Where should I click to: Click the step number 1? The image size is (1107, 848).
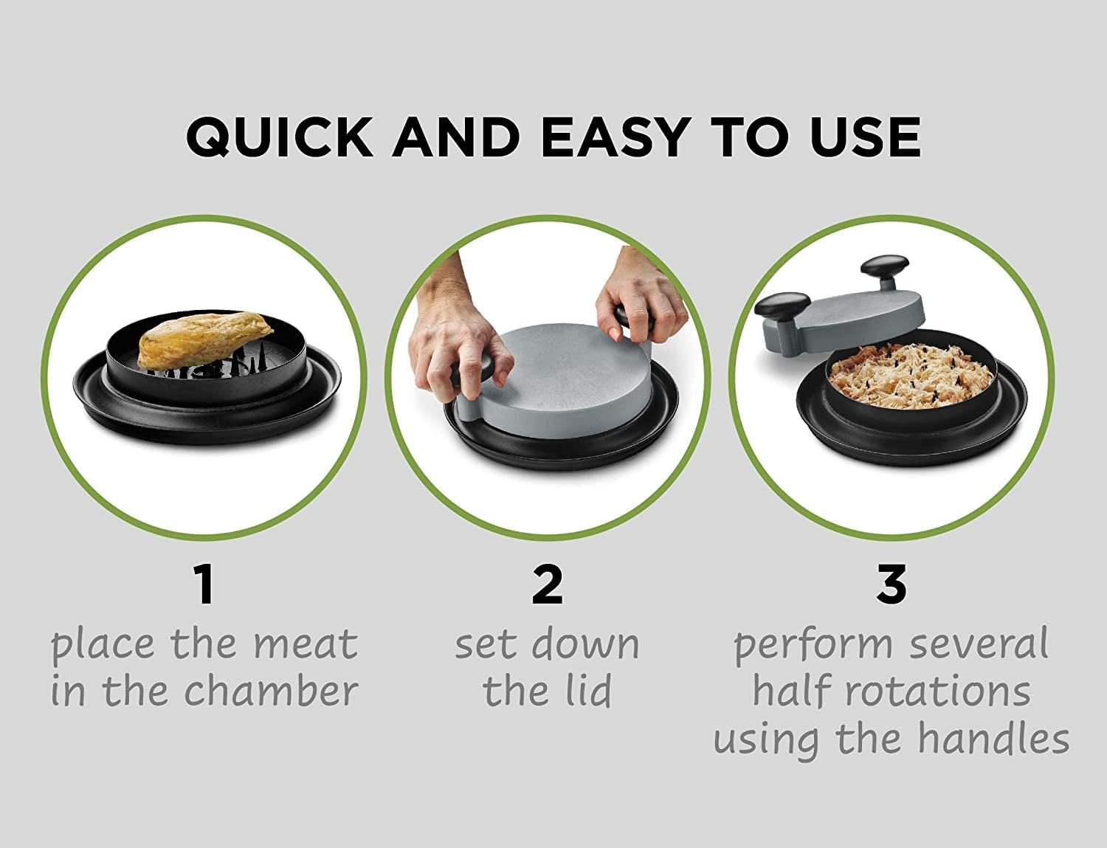(x=204, y=585)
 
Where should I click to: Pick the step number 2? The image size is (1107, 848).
(x=547, y=585)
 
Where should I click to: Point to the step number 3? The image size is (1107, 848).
(x=892, y=585)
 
